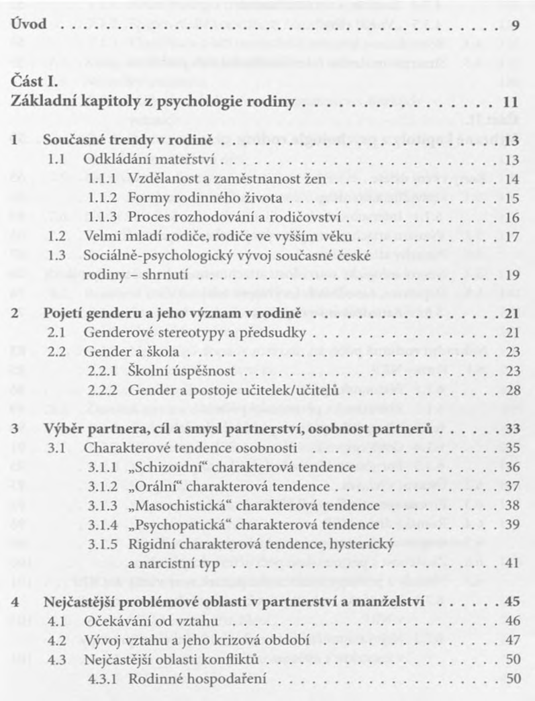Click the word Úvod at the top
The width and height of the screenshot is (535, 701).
click(29, 26)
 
